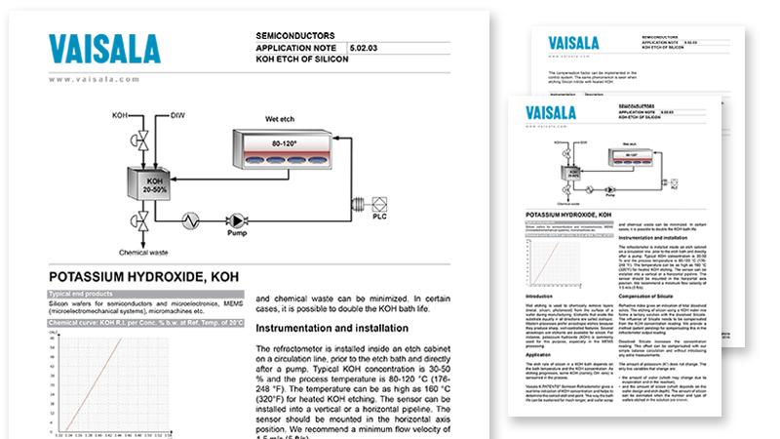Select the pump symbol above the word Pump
click(x=234, y=220)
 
